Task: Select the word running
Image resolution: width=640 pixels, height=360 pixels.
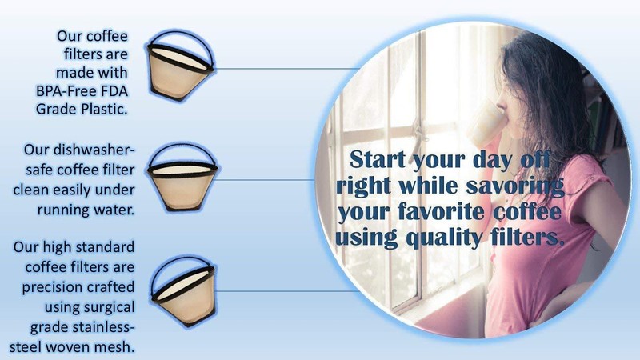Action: (x=63, y=210)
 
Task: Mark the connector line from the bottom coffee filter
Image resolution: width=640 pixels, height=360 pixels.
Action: (x=286, y=291)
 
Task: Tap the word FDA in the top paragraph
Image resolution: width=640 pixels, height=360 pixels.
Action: (x=115, y=90)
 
